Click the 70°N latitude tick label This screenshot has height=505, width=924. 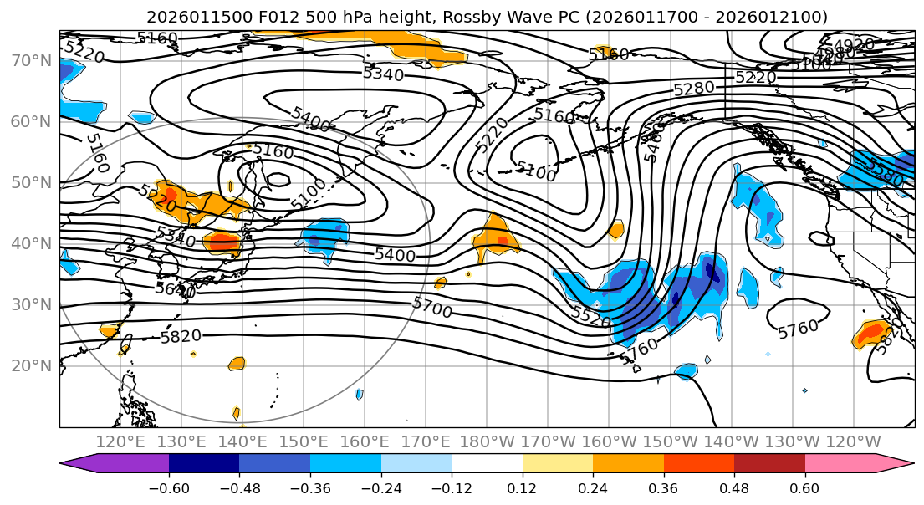tap(29, 60)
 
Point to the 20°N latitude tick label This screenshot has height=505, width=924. tap(29, 365)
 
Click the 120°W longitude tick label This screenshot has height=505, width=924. tap(853, 441)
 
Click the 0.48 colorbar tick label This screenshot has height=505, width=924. tap(734, 487)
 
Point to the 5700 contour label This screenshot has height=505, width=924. tap(431, 308)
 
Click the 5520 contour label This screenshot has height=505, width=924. tap(592, 315)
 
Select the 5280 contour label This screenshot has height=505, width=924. tap(694, 88)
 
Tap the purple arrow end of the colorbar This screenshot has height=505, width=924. tap(79, 464)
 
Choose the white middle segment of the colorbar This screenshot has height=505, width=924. tap(487, 464)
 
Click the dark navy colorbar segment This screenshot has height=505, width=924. tap(204, 464)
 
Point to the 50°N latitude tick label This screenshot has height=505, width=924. tap(29, 182)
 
